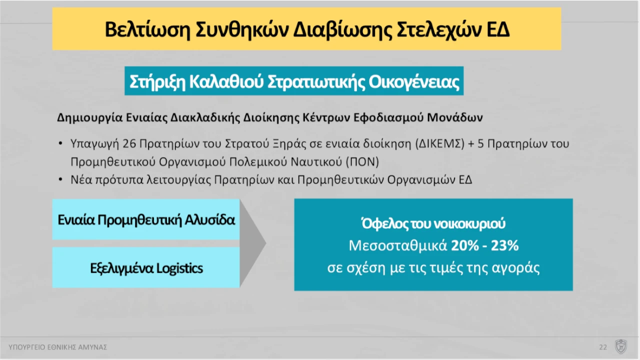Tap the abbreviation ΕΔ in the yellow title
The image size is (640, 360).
pyautogui.click(x=497, y=29)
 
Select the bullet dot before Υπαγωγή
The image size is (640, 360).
pyautogui.click(x=60, y=144)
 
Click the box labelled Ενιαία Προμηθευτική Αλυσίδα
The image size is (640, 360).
pyautogui.click(x=146, y=220)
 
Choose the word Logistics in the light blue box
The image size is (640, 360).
pyautogui.click(x=179, y=268)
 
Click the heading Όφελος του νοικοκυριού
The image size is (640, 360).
pyautogui.click(x=433, y=224)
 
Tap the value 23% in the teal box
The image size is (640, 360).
pyautogui.click(x=504, y=246)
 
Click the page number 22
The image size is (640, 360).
pyautogui.click(x=603, y=347)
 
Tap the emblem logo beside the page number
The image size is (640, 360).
pyautogui.click(x=621, y=346)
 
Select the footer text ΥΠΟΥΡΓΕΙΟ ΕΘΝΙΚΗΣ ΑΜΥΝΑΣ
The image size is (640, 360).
pyautogui.click(x=58, y=347)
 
